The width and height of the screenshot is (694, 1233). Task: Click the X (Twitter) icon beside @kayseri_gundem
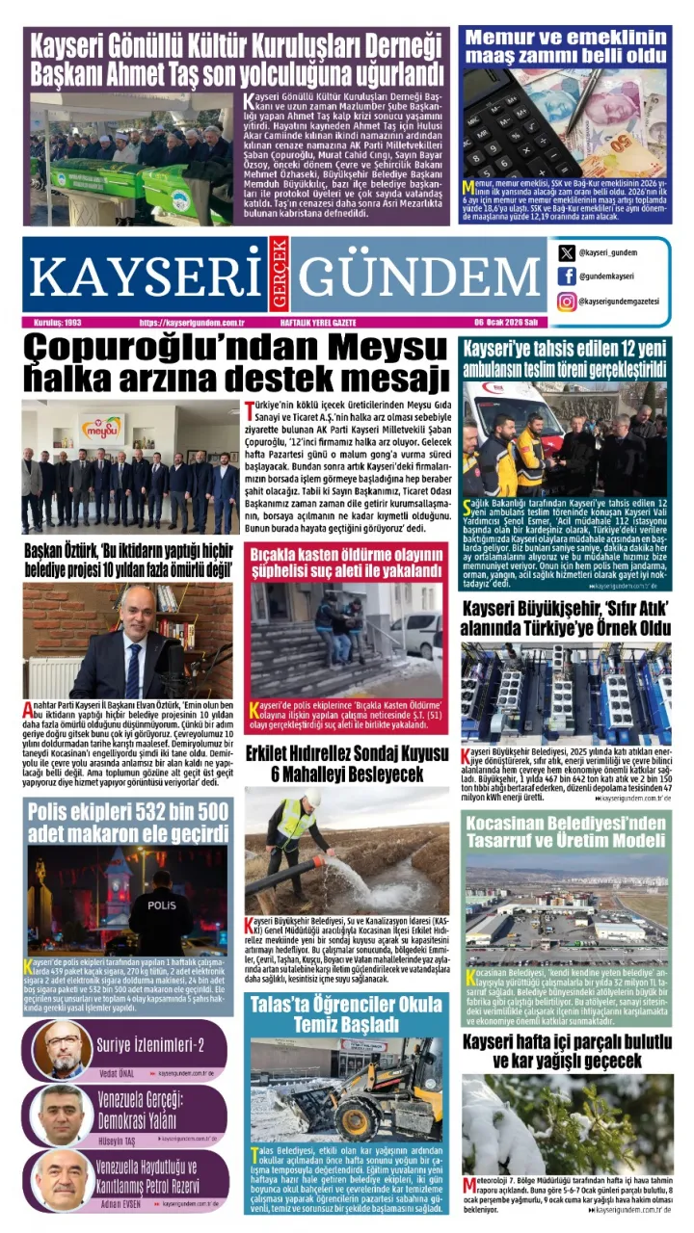(567, 253)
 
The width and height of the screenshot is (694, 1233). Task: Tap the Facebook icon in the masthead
(567, 277)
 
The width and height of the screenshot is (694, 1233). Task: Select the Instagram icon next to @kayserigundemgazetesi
(567, 302)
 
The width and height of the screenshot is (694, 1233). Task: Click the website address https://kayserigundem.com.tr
(192, 323)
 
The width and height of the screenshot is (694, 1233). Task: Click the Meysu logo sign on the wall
(103, 426)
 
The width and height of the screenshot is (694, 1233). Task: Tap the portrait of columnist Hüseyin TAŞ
(64, 1114)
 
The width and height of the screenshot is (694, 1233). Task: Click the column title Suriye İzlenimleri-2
(151, 1044)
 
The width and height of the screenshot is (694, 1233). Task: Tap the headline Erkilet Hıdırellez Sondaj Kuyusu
(346, 763)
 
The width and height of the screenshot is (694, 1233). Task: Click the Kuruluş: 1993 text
(59, 323)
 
